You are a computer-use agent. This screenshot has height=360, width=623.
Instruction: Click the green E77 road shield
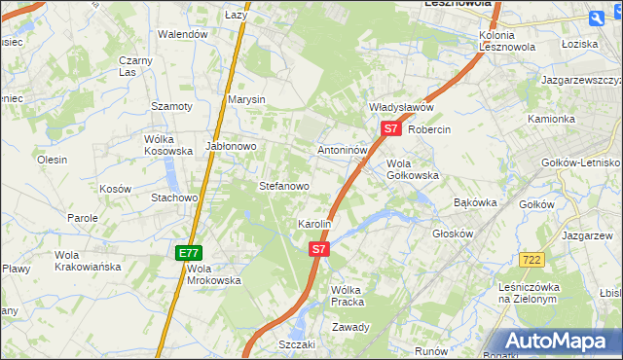[188, 253]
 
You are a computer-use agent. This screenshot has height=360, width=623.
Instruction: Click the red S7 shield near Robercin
[390, 128]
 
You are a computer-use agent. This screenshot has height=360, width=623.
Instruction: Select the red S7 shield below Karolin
[319, 250]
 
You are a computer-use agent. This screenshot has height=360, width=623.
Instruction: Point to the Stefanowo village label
[283, 186]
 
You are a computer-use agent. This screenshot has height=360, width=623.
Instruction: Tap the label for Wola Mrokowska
[213, 274]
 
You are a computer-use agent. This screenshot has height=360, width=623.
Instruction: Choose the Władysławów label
[400, 107]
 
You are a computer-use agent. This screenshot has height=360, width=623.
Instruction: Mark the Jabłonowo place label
[230, 147]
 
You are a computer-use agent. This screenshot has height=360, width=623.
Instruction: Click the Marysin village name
[246, 100]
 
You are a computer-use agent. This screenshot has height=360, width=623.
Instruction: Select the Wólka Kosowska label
[167, 145]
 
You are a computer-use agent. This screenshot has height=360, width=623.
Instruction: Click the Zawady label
[350, 327]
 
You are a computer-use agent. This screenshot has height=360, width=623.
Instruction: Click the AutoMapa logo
[560, 342]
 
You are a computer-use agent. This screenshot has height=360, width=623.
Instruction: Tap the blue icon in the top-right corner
[598, 17]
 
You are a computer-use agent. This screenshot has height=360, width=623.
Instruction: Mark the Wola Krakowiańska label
[88, 261]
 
